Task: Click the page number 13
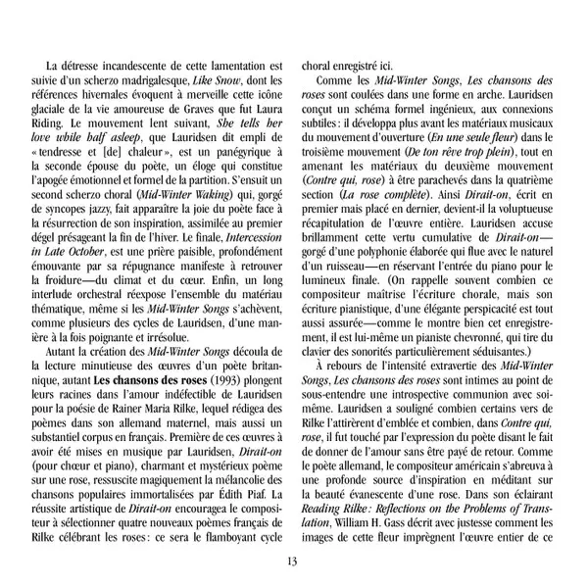pyautogui.click(x=293, y=560)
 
